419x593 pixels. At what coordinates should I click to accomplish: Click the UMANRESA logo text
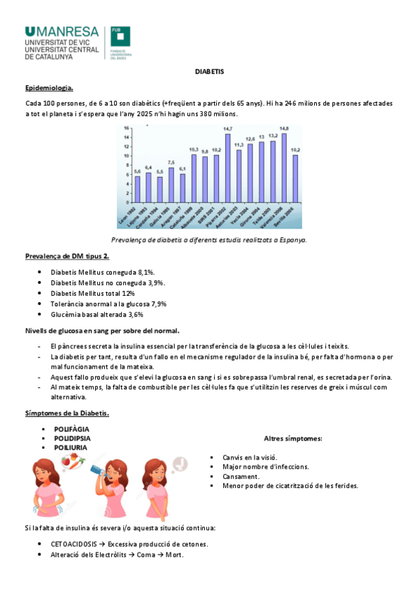62,31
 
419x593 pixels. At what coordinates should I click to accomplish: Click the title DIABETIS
209,72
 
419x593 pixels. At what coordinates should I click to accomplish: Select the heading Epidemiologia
49,88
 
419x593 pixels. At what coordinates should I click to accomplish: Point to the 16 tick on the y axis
127,129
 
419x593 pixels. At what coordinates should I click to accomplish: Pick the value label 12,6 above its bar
250,139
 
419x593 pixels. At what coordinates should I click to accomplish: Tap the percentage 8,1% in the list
145,271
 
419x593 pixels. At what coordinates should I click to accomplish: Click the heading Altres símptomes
292,438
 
